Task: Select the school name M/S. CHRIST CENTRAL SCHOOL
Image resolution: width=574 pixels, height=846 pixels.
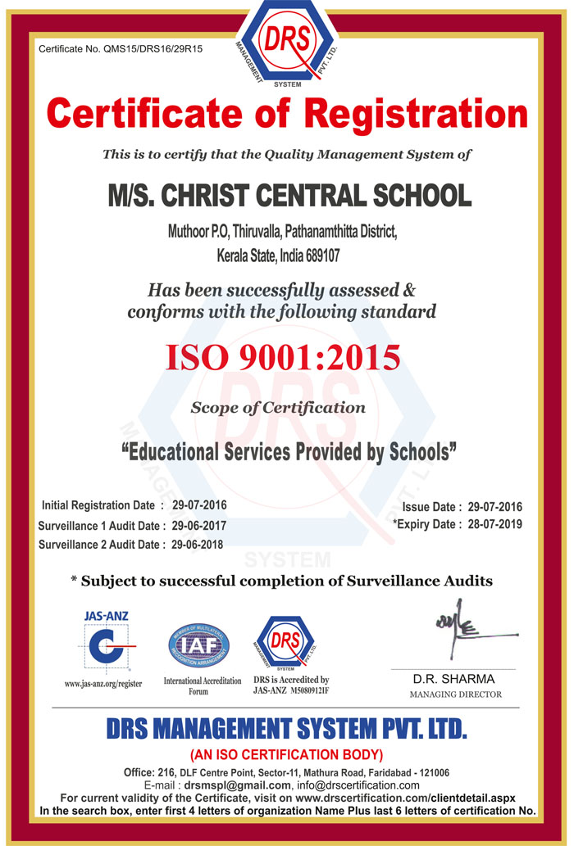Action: click(289, 196)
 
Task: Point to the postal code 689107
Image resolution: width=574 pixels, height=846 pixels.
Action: click(316, 256)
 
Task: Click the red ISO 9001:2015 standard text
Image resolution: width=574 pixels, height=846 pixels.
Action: click(284, 358)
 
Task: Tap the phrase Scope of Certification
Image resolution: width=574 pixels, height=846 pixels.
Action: click(278, 407)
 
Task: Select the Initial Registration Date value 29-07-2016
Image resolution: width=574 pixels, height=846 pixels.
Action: click(200, 504)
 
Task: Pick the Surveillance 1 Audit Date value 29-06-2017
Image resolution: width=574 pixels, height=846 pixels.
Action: click(199, 525)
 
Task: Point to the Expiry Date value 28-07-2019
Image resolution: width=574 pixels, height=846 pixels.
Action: click(494, 524)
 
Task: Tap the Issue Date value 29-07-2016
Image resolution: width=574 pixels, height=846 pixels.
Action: click(494, 507)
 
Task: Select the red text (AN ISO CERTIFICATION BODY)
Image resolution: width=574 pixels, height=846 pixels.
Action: click(286, 754)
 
